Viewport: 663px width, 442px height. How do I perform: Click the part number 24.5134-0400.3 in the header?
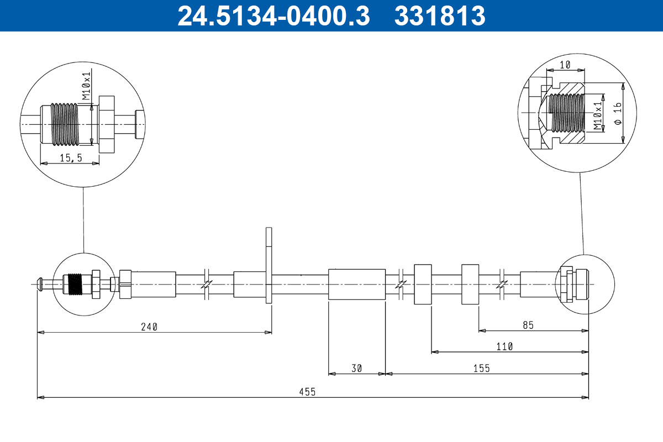click(x=273, y=15)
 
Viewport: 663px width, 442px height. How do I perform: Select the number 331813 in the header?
click(x=440, y=15)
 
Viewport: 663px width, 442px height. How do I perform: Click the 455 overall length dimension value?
click(x=308, y=392)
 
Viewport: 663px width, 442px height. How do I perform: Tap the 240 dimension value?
click(x=149, y=327)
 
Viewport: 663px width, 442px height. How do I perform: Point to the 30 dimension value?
click(x=356, y=369)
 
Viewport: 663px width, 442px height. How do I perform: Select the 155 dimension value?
click(x=481, y=369)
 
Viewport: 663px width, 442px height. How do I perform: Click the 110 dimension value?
click(x=504, y=346)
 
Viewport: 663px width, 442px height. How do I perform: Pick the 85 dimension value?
click(x=528, y=325)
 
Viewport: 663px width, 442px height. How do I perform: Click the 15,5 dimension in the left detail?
click(x=71, y=158)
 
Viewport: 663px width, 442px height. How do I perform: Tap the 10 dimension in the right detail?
click(x=565, y=65)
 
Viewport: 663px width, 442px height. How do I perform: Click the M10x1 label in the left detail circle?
click(x=86, y=85)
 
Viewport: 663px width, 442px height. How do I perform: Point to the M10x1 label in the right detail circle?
click(x=597, y=115)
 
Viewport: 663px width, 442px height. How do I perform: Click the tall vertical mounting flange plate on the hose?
click(x=269, y=265)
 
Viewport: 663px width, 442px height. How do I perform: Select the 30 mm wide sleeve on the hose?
click(x=356, y=284)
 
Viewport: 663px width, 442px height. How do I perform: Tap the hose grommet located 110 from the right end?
click(x=423, y=284)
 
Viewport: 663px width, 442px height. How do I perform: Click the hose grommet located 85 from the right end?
click(x=470, y=284)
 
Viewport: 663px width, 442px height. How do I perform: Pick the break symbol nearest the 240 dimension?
click(x=207, y=284)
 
